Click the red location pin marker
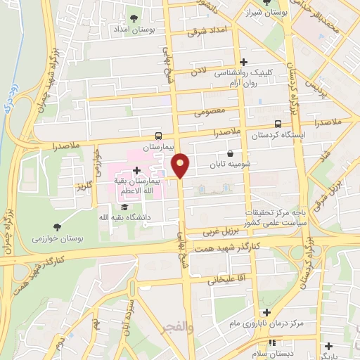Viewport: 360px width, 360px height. (x=181, y=165)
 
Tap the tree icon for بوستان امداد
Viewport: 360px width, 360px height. (x=134, y=18)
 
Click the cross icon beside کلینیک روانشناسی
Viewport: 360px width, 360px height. (x=244, y=61)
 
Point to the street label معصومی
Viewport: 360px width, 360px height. (x=211, y=110)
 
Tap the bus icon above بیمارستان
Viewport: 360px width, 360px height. (x=159, y=136)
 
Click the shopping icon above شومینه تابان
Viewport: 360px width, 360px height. (x=231, y=154)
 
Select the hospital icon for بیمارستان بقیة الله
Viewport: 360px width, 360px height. (x=136, y=170)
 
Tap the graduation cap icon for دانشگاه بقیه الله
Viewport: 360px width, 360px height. (x=124, y=207)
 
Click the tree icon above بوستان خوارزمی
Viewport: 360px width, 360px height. (x=57, y=226)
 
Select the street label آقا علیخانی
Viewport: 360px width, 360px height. (x=223, y=279)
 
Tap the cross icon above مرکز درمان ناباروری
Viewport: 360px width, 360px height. (x=266, y=311)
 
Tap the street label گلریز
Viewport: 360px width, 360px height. (x=85, y=188)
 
